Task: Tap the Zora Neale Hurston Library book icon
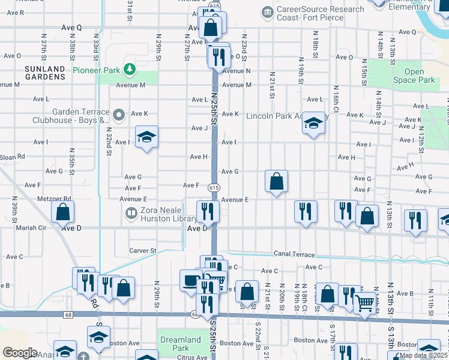(x=131, y=213)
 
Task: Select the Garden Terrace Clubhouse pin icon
(x=119, y=113)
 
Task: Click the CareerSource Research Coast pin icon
(x=267, y=11)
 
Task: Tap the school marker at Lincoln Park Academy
(x=313, y=124)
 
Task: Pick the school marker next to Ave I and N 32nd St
(x=146, y=138)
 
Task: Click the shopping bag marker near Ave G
(x=276, y=181)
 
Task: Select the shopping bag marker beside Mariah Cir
(x=63, y=212)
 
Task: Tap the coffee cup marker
(x=191, y=280)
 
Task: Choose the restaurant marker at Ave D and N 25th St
(x=208, y=212)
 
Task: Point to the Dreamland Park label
(x=181, y=344)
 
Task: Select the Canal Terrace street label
(x=294, y=254)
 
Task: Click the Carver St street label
(x=142, y=250)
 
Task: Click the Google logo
(x=20, y=352)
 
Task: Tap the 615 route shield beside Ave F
(x=214, y=188)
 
